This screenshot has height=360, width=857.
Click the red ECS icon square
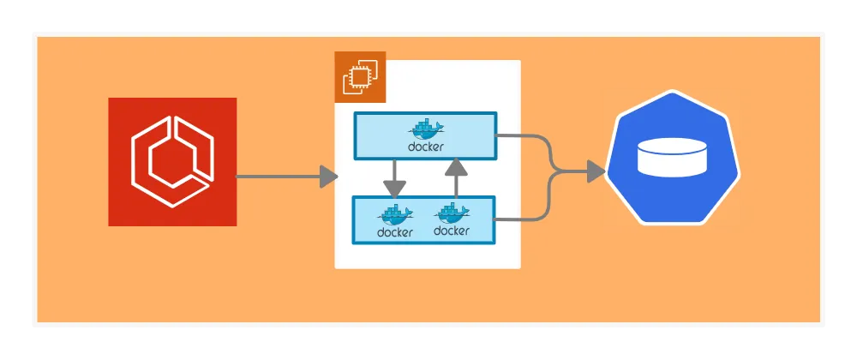pos(172,162)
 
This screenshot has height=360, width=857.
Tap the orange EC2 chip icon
pos(360,77)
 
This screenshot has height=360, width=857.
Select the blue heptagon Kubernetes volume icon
pos(673,157)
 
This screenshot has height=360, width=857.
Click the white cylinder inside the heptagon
pos(673,159)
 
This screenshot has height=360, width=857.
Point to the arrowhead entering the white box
pos(329,177)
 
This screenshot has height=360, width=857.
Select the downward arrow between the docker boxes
pos(394,178)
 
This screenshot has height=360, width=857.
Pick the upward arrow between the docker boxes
pos(456,178)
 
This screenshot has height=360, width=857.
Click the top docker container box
pos(425,135)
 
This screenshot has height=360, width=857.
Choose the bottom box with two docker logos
pos(424,220)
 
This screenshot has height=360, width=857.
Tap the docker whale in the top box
pos(427,129)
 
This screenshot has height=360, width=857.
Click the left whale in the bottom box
pos(396,214)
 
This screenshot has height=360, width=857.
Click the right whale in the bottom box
pos(452,213)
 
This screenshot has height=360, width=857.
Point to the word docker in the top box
pos(426,147)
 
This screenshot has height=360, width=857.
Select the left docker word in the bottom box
pos(395,232)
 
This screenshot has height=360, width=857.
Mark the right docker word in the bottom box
pos(452,231)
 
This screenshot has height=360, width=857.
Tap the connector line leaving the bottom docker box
pos(523,219)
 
